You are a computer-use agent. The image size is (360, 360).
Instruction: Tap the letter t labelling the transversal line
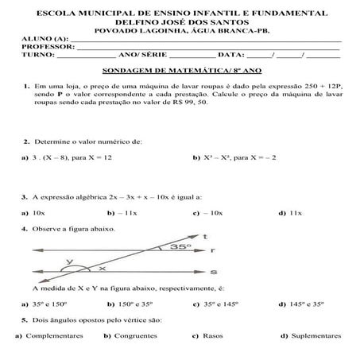tap(205, 237)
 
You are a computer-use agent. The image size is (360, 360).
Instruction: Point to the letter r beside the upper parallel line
tap(215, 250)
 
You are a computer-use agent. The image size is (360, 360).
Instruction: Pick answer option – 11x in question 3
tap(127, 213)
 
